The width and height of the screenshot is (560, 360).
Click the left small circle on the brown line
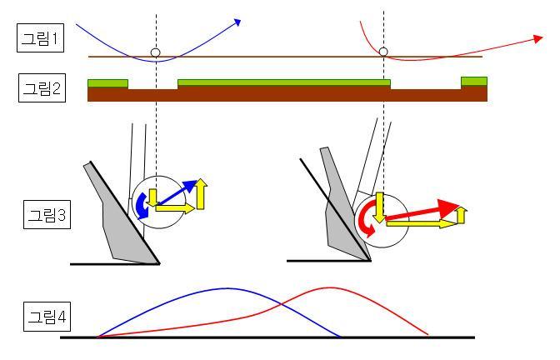(x=155, y=52)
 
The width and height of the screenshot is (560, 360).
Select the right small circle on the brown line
(x=383, y=52)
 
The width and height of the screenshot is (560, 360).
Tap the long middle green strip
(x=283, y=82)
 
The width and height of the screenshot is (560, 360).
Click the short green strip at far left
(x=107, y=82)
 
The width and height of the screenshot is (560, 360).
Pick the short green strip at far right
(x=473, y=81)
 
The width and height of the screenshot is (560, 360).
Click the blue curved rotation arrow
(x=142, y=205)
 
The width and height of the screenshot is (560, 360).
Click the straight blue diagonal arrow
(x=178, y=192)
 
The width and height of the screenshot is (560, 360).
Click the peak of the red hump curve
(x=323, y=287)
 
